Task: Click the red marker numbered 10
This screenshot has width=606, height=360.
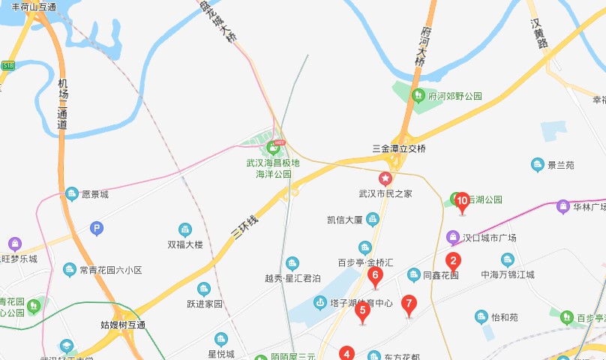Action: [x=462, y=200]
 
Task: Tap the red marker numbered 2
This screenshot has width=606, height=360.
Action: [x=453, y=261]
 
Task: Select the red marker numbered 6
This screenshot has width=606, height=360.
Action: [x=376, y=275]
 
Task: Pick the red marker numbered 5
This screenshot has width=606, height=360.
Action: [x=362, y=310]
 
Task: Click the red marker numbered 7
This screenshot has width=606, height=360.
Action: [x=408, y=304]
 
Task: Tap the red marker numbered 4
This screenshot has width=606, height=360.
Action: [x=346, y=353]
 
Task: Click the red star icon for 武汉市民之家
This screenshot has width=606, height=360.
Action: [x=385, y=178]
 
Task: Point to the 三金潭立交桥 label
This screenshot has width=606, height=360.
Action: [x=399, y=148]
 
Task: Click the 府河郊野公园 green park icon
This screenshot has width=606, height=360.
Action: [x=418, y=96]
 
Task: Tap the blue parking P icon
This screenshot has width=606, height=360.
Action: [x=96, y=229]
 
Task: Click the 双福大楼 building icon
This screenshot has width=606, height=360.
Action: [x=185, y=229]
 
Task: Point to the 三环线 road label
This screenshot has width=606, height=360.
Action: [x=245, y=226]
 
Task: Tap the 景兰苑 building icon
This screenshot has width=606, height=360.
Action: [x=537, y=164]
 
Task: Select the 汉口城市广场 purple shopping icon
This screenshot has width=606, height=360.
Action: [x=453, y=238]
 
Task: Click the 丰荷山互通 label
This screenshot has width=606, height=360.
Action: [x=34, y=7]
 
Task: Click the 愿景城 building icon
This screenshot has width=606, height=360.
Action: [x=72, y=194]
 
